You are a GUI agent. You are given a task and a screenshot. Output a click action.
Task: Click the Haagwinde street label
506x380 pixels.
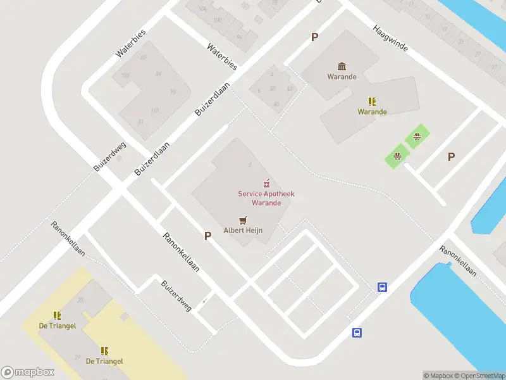(390, 39)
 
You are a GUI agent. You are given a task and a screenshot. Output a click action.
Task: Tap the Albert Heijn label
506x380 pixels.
(243, 231)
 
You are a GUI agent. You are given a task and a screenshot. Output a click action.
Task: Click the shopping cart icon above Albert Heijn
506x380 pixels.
(243, 220)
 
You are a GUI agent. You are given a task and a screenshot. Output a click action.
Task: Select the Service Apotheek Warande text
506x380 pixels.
(266, 198)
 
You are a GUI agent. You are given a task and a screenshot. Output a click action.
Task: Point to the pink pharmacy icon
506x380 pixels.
(266, 182)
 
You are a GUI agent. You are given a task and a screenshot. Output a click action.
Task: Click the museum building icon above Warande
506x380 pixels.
(342, 66)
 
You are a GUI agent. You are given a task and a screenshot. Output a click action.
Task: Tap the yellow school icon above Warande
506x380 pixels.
(372, 101)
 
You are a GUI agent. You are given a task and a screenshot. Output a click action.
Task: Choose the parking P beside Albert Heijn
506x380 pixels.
(207, 236)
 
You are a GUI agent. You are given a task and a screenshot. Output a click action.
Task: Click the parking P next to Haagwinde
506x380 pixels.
(314, 37)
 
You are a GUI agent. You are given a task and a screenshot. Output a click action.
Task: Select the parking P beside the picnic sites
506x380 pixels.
(451, 157)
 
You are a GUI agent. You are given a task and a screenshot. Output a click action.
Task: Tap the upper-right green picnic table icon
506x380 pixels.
(417, 136)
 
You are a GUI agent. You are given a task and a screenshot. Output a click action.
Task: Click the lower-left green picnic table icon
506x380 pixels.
(397, 156)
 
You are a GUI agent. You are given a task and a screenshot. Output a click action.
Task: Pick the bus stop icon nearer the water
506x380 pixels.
(382, 287)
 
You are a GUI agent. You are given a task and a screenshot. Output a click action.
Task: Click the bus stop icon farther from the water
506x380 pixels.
(357, 332)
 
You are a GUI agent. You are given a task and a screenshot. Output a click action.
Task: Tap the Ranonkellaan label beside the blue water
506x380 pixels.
(459, 260)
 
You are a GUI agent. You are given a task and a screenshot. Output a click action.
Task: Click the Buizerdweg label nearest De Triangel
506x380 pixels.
(176, 296)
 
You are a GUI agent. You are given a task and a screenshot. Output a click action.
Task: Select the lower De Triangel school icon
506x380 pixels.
(104, 351)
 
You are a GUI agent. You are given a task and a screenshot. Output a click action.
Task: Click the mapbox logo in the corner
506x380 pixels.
(28, 372)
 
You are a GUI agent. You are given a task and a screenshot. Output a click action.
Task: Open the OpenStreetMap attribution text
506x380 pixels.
(478, 376)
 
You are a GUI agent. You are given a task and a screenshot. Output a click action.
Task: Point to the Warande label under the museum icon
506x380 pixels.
(342, 77)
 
